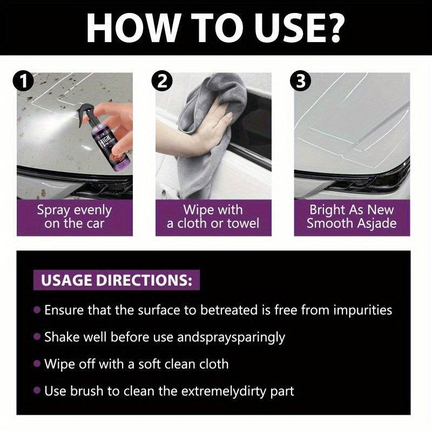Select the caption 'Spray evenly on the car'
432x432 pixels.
tap(75, 217)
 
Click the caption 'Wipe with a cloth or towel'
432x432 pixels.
tap(213, 217)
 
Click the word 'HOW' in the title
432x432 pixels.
tap(125, 27)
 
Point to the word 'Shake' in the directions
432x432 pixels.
tap(60, 337)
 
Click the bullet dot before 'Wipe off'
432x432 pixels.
tap(37, 363)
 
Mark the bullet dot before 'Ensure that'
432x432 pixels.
tap(37, 310)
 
